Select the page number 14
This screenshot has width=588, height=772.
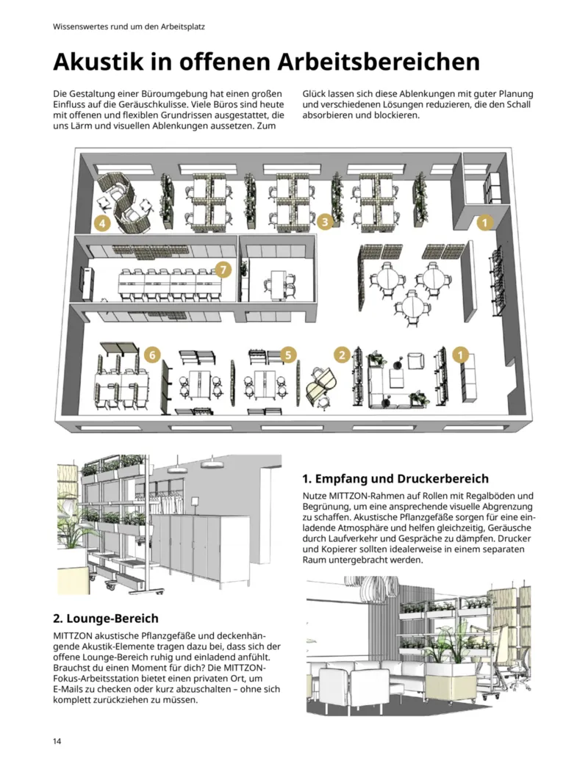57,740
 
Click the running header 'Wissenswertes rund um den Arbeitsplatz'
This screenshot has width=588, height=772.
129,27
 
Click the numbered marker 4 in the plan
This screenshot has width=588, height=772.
104,223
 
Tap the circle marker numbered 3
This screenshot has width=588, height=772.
325,220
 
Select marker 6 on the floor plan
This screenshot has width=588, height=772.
152,355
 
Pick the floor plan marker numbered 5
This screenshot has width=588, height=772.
288,355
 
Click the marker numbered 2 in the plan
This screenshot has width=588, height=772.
342,355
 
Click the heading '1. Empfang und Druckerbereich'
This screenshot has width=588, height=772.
395,479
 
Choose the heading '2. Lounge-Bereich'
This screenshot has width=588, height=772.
105,618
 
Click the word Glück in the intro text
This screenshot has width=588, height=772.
315,94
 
